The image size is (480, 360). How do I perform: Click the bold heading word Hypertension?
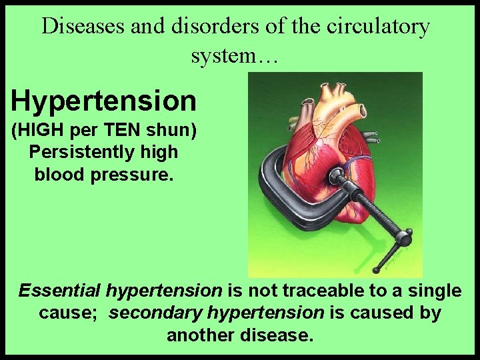[x=103, y=101]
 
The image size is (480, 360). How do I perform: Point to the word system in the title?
[x=222, y=55]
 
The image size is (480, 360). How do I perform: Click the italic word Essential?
[x=59, y=291]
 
